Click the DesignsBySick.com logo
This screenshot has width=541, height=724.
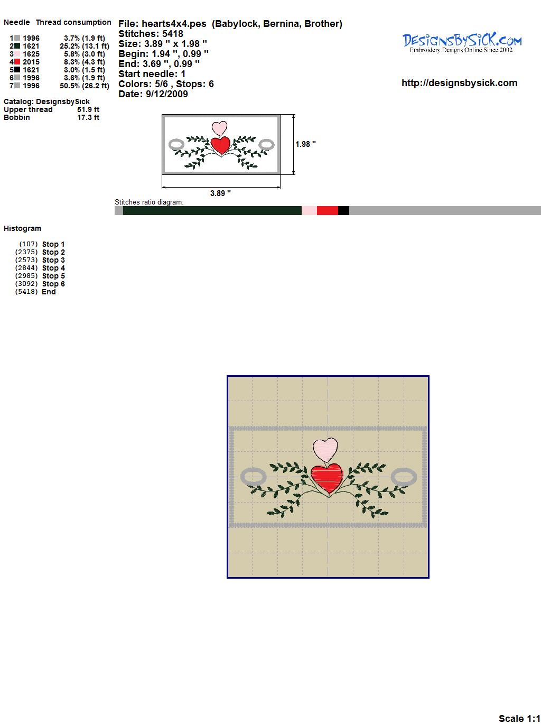(462, 43)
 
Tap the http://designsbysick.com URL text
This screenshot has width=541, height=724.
(459, 83)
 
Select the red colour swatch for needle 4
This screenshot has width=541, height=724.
(17, 62)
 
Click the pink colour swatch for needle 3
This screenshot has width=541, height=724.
(17, 54)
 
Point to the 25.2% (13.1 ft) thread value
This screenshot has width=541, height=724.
(85, 46)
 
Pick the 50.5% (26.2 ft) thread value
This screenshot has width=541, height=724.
(85, 86)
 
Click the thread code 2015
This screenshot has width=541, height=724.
(31, 62)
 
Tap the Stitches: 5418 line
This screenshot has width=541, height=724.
(151, 34)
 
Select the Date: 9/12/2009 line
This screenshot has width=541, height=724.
(153, 94)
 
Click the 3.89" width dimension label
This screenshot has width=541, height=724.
(220, 193)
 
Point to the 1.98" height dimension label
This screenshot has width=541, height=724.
(305, 144)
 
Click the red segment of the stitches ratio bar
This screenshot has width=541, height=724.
(328, 210)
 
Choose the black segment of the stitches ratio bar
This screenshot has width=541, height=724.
(343, 210)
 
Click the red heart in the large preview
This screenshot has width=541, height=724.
(327, 478)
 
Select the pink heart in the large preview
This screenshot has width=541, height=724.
(325, 450)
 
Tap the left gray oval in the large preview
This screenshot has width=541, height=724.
(254, 477)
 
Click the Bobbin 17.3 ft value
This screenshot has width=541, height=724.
(88, 117)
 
